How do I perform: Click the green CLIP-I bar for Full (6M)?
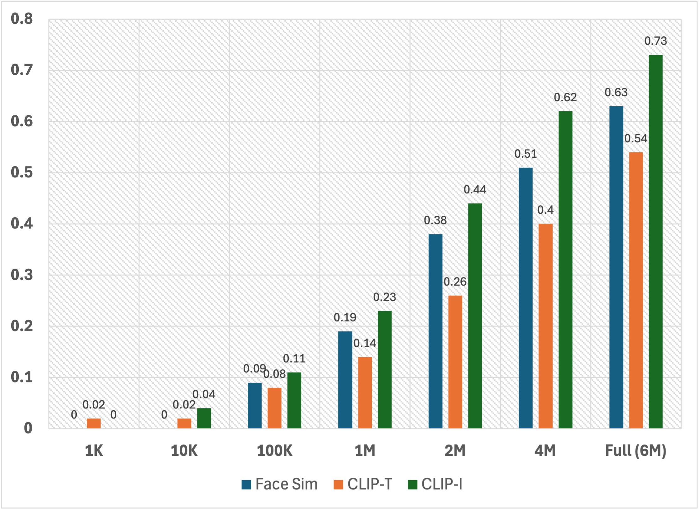(655, 242)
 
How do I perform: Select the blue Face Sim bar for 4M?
(526, 298)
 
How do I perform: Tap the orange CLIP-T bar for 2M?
(455, 362)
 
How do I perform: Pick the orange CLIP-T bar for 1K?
(94, 423)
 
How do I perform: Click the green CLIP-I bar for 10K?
(204, 418)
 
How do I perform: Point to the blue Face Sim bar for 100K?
(255, 405)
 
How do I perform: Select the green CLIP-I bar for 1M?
(385, 370)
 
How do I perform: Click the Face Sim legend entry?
(279, 484)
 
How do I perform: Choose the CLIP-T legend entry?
(363, 484)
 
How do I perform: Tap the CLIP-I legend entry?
(435, 484)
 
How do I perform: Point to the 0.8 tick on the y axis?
(22, 19)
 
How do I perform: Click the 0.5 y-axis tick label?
(22, 172)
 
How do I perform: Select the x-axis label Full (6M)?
(636, 451)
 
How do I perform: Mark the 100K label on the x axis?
(275, 451)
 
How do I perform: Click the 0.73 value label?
(655, 41)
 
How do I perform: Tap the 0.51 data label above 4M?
(526, 154)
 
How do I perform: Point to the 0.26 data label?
(455, 282)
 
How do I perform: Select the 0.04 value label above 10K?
(204, 394)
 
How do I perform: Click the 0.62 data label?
(565, 97)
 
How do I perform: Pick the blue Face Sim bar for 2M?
(435, 331)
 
